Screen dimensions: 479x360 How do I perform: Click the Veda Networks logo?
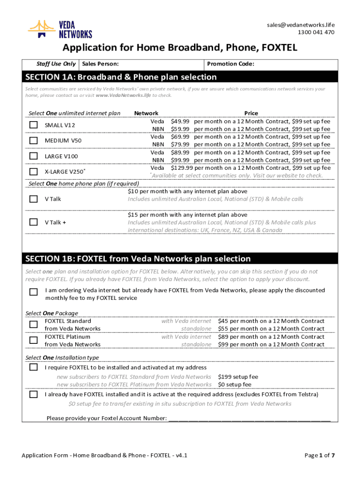tap(60, 29)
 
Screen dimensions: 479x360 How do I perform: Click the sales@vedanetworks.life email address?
tap(301, 25)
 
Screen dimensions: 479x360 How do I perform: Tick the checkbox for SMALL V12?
tap(34, 125)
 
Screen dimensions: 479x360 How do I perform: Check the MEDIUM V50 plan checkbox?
tap(34, 140)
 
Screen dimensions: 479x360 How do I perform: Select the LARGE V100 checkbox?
tap(34, 156)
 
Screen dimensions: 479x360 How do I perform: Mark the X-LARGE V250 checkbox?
tap(34, 171)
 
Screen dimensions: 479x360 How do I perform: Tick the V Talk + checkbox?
tap(34, 222)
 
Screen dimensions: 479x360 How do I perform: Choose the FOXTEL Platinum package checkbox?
tap(34, 340)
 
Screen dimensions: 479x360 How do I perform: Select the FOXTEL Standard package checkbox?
tap(34, 325)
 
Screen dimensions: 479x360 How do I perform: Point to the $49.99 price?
tap(180, 121)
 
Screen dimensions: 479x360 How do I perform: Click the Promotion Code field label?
tap(230, 64)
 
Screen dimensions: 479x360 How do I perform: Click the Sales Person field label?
tap(100, 64)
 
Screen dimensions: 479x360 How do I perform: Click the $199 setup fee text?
tap(238, 377)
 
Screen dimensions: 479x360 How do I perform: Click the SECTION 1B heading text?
tap(138, 259)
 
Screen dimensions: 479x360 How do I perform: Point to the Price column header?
tap(251, 113)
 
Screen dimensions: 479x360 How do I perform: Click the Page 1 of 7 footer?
tap(320, 455)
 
